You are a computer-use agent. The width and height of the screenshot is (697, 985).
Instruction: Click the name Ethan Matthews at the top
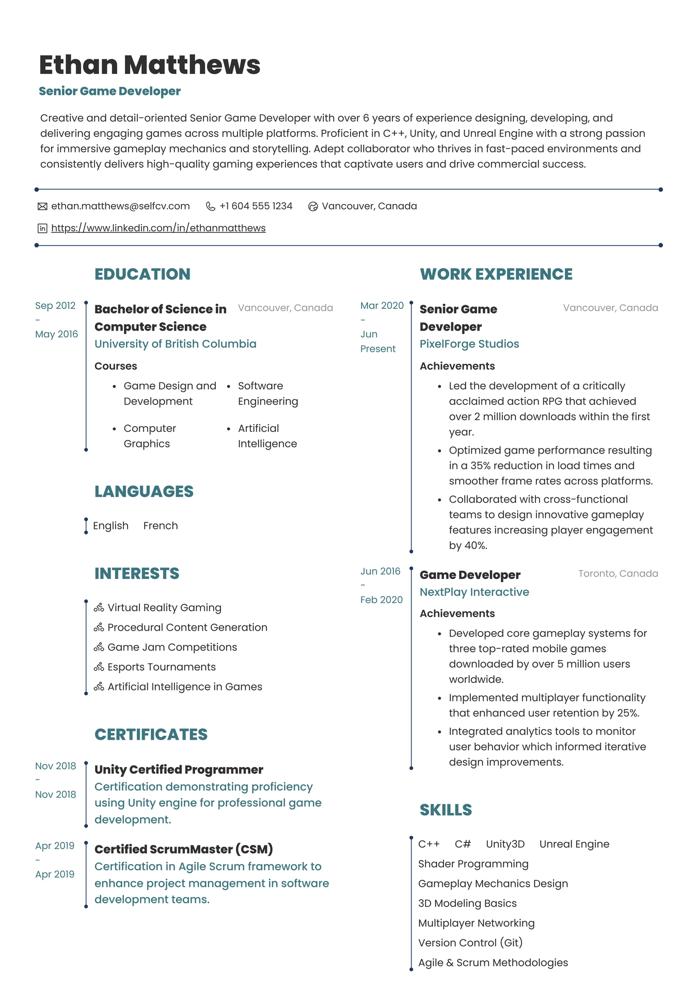click(149, 65)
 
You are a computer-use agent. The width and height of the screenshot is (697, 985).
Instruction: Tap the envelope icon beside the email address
click(42, 207)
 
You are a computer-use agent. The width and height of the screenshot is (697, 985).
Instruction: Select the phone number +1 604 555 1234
click(256, 206)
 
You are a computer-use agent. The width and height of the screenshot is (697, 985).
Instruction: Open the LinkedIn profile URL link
click(158, 228)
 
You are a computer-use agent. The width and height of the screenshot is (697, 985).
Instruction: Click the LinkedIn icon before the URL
click(42, 228)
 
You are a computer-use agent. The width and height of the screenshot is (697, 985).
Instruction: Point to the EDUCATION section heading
click(142, 274)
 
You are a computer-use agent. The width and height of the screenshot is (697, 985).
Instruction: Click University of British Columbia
click(175, 344)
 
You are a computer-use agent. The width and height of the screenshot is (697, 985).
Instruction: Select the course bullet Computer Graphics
click(150, 436)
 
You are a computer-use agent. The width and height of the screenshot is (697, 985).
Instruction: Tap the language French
click(160, 526)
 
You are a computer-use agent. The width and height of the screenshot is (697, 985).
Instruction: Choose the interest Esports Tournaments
click(161, 667)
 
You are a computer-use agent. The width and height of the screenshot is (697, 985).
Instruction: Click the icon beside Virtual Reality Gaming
click(99, 608)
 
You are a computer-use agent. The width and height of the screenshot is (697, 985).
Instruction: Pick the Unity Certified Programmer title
click(179, 770)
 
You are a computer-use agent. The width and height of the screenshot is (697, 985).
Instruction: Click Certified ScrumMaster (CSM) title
click(183, 849)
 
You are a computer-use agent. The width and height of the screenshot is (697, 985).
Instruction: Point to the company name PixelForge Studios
click(469, 344)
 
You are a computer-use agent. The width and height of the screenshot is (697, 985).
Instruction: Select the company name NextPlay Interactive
click(474, 592)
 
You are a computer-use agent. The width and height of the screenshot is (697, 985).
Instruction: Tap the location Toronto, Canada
click(617, 573)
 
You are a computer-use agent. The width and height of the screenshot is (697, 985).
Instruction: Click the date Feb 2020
click(381, 600)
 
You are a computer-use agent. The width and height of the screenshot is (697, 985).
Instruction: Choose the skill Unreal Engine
click(574, 844)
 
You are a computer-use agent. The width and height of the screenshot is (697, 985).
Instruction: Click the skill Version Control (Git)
click(470, 943)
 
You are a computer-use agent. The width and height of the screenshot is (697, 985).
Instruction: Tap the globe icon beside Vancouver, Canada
click(313, 207)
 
